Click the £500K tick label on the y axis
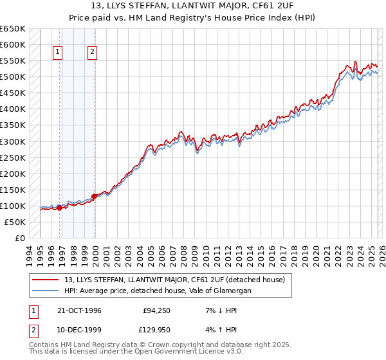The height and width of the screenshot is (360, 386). [x=12, y=77]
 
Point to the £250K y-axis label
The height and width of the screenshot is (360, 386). [x=12, y=157]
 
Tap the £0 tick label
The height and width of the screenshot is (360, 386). [x=19, y=238]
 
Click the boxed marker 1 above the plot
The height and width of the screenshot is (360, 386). [x=59, y=52]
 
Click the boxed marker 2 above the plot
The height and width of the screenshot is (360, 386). [x=93, y=52]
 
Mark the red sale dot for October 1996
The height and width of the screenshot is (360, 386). [x=59, y=208]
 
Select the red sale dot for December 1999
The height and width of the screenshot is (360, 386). [x=94, y=196]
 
